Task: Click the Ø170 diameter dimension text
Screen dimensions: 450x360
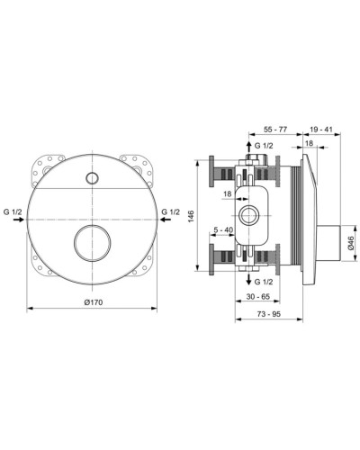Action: point(93,302)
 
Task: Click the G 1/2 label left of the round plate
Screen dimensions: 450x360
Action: point(12,211)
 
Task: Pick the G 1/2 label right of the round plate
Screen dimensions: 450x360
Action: point(170,211)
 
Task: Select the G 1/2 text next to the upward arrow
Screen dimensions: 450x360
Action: point(265,145)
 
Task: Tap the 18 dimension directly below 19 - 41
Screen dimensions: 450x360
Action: point(310,144)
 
